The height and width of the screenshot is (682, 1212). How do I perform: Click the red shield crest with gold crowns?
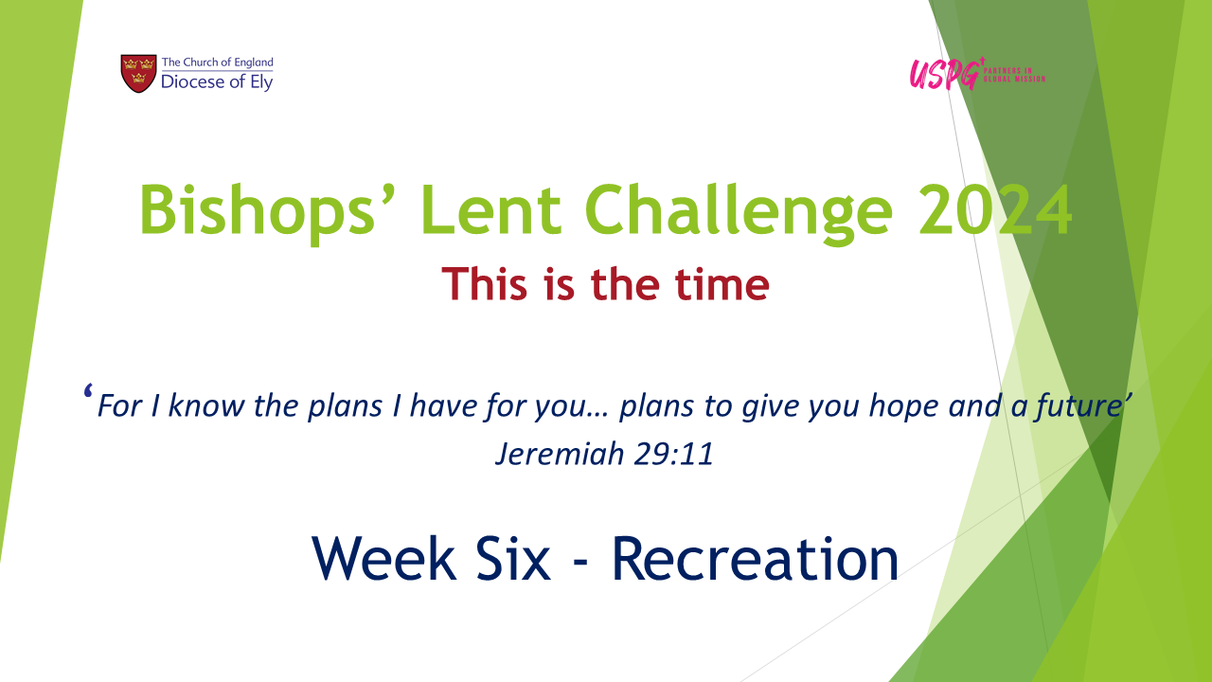pyautogui.click(x=138, y=73)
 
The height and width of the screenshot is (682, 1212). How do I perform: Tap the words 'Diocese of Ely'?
pyautogui.click(x=217, y=82)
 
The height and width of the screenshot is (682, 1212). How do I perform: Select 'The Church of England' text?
pyautogui.click(x=218, y=63)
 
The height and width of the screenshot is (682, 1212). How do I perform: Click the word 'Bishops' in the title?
pyautogui.click(x=258, y=211)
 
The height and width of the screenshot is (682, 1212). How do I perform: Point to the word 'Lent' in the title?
pyautogui.click(x=490, y=210)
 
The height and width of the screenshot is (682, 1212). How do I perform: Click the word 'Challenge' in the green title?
pyautogui.click(x=739, y=211)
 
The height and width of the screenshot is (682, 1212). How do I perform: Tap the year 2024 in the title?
pyautogui.click(x=994, y=210)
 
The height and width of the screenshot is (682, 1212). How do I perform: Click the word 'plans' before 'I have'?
pyautogui.click(x=346, y=406)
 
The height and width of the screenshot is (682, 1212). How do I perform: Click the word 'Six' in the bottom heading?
pyautogui.click(x=513, y=559)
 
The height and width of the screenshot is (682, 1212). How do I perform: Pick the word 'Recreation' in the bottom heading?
pyautogui.click(x=756, y=559)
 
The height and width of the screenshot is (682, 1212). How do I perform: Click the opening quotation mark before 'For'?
pyautogui.click(x=88, y=391)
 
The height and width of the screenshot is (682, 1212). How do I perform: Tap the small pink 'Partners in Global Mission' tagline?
pyautogui.click(x=1014, y=75)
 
